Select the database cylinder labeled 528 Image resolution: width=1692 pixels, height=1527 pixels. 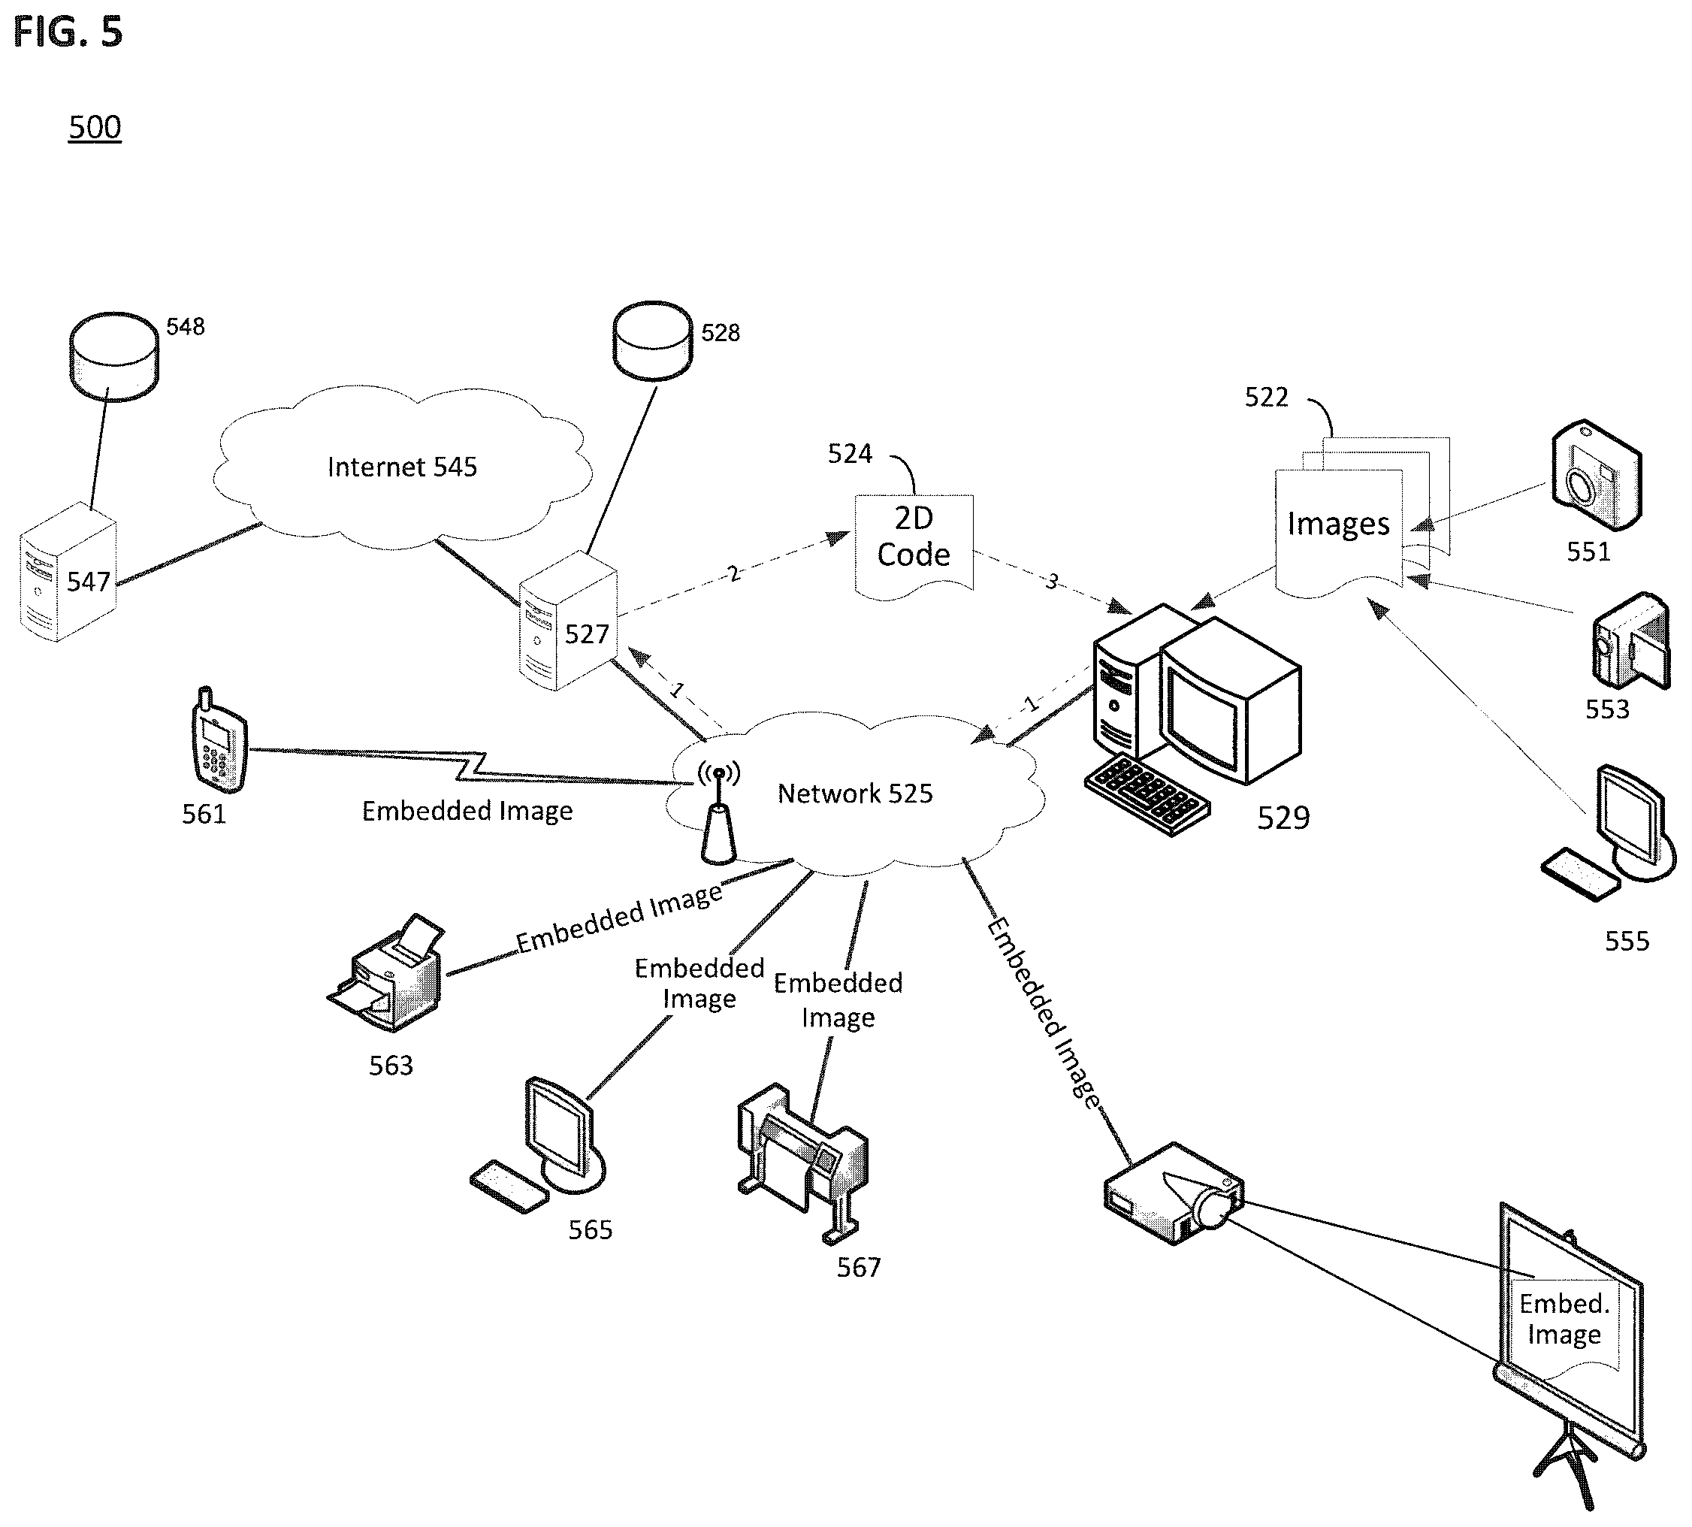(x=653, y=340)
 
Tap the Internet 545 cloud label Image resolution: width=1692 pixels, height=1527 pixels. (x=402, y=467)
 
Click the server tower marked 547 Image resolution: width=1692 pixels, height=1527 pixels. (x=68, y=572)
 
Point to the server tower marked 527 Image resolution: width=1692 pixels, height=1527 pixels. (x=568, y=621)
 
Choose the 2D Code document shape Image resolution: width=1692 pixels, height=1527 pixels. (x=914, y=546)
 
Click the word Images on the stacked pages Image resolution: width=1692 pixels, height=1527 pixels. (x=1338, y=524)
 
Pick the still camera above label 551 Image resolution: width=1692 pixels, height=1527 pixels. (x=1596, y=475)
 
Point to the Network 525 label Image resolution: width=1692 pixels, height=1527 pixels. (x=855, y=793)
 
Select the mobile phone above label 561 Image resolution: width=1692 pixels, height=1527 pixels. (x=217, y=741)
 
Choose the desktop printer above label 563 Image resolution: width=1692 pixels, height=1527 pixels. (x=388, y=973)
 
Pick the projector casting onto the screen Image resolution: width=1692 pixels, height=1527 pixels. (x=1174, y=1193)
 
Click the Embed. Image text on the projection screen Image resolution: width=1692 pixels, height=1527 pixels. (x=1564, y=1319)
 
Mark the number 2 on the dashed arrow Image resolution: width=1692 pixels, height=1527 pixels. (x=734, y=573)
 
